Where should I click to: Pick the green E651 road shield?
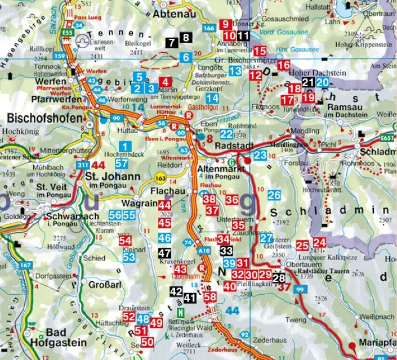click(386, 137)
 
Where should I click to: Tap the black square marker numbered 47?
click(164, 253)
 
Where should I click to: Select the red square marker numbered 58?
click(210, 296)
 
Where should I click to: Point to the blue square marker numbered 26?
click(274, 196)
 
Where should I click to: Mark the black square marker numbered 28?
click(279, 277)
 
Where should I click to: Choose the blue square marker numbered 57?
click(122, 164)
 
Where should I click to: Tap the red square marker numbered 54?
click(126, 241)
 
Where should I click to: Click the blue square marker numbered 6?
click(185, 57)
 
